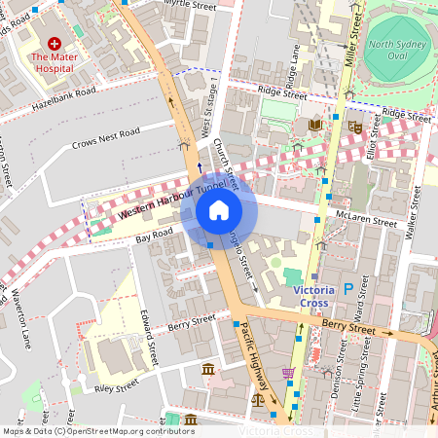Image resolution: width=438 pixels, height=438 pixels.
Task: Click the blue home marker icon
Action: pos(219,210)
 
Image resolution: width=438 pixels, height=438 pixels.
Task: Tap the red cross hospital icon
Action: pos(55,44)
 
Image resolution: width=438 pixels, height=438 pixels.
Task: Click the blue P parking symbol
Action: pos(347,288)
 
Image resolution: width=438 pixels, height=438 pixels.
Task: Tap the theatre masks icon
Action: pos(356,126)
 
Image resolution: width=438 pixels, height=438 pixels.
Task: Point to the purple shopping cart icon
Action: pos(288,372)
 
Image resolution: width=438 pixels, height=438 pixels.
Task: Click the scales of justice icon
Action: pos(259,398)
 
